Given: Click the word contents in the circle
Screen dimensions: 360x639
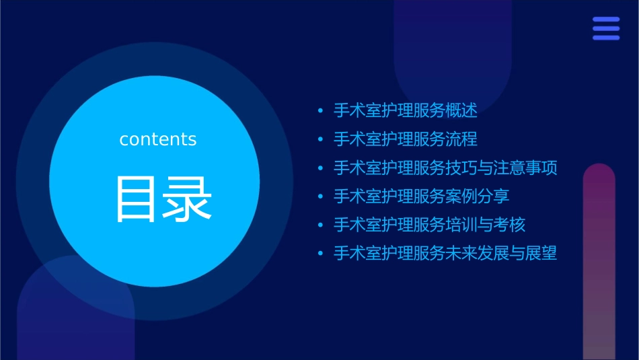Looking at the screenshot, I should pyautogui.click(x=158, y=139).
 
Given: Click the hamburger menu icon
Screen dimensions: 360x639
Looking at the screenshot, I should pyautogui.click(x=606, y=28).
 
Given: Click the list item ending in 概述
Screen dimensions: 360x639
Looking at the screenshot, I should pyautogui.click(x=405, y=110).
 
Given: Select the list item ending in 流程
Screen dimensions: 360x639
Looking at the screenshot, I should pyautogui.click(x=405, y=139).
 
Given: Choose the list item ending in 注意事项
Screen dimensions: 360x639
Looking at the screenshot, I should pyautogui.click(x=445, y=168).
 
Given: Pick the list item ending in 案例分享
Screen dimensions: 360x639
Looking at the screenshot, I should pyautogui.click(x=421, y=196).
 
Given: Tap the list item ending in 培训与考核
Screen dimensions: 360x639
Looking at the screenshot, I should pyautogui.click(x=429, y=225).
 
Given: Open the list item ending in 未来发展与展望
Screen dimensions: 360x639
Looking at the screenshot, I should pyautogui.click(x=445, y=254).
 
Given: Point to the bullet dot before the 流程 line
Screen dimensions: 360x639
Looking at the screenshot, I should pyautogui.click(x=320, y=139).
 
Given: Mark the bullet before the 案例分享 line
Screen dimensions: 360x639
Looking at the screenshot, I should pyautogui.click(x=320, y=196).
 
